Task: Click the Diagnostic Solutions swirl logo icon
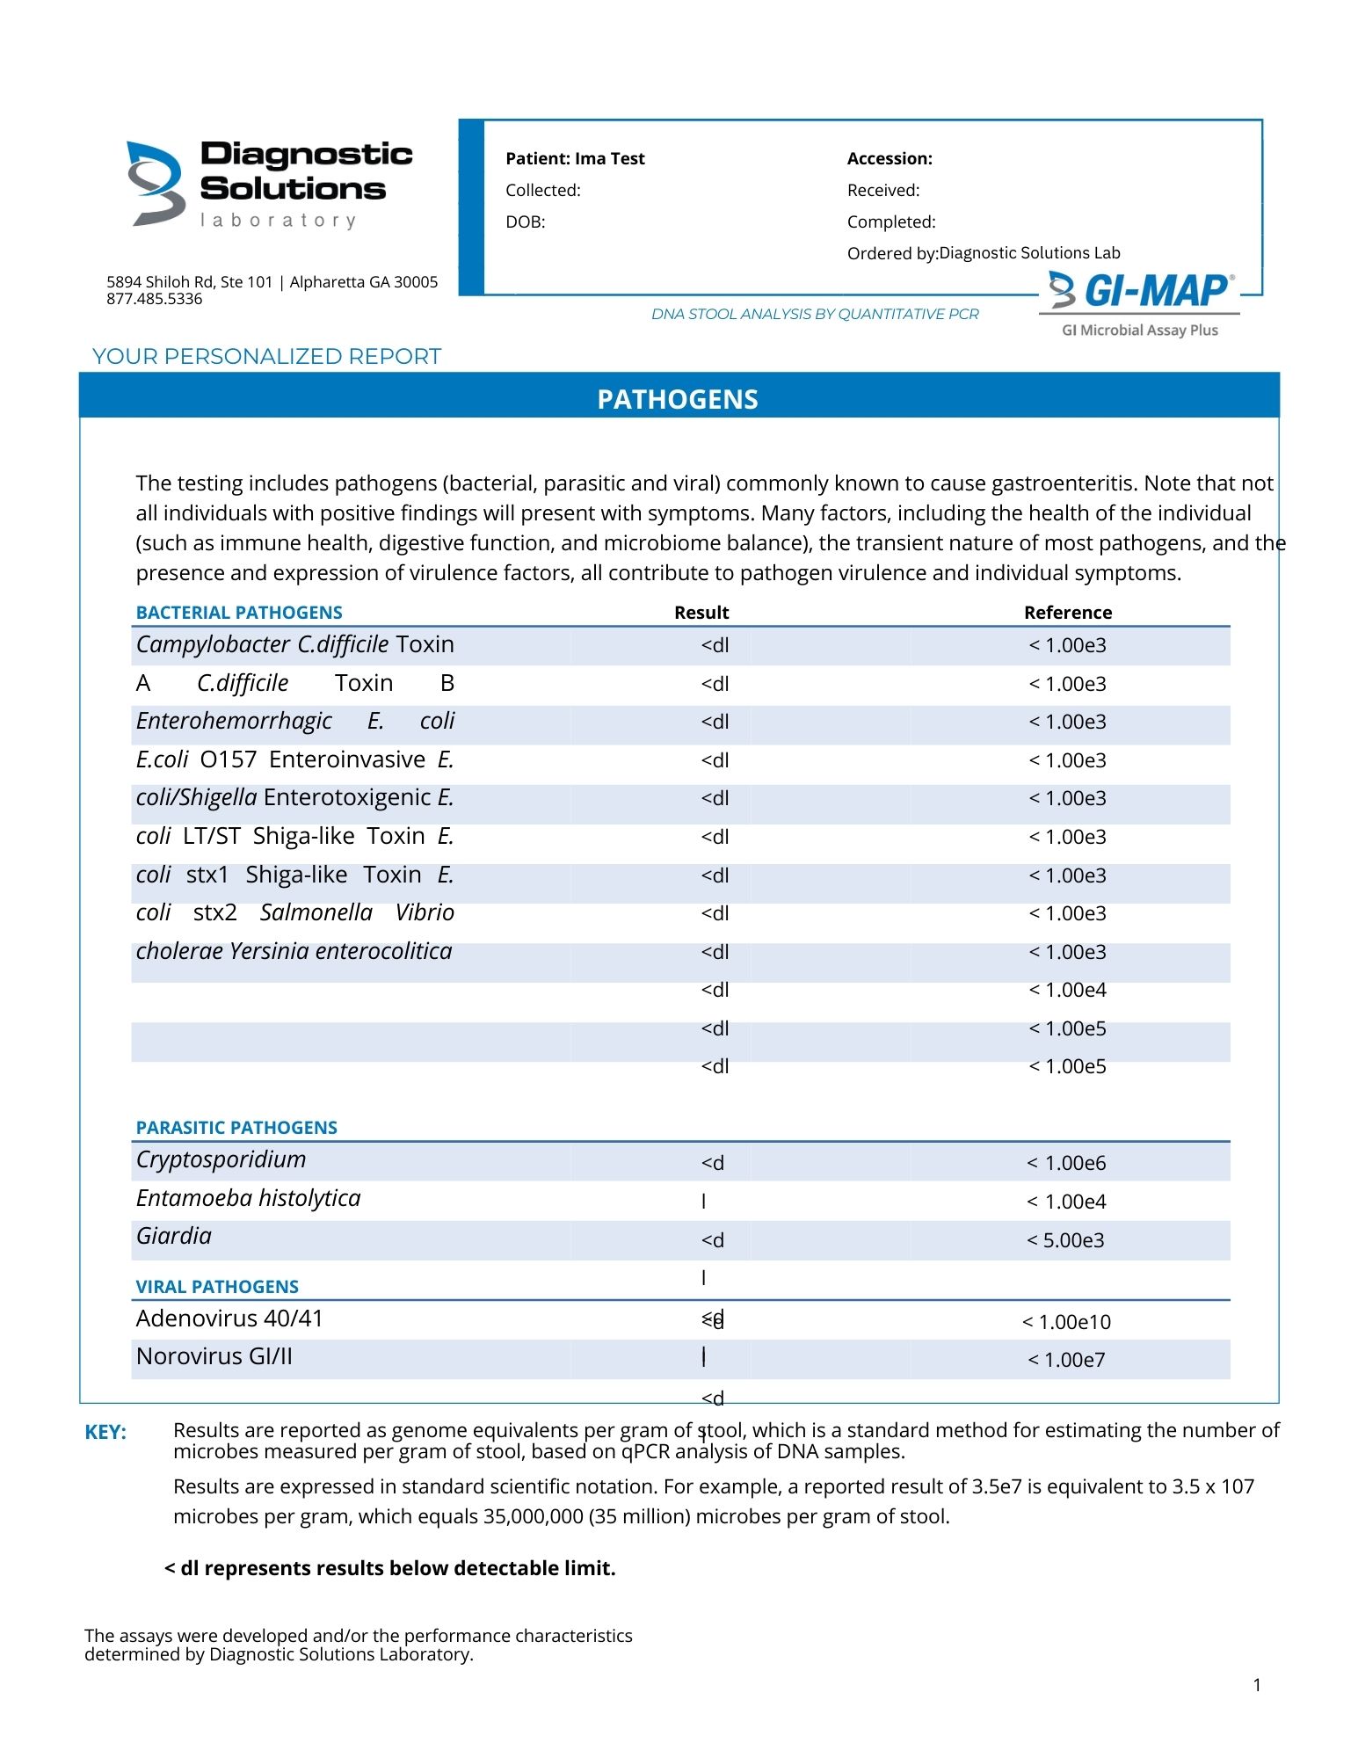click(156, 183)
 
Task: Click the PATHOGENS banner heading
click(678, 400)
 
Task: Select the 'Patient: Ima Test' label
click(575, 159)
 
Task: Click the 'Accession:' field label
click(890, 159)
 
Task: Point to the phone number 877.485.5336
click(155, 299)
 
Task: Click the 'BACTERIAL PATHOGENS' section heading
click(239, 613)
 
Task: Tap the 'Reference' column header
click(1067, 613)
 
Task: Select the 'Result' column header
click(701, 613)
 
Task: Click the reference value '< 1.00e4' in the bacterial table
click(1067, 991)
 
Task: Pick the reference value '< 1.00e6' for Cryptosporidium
click(1066, 1163)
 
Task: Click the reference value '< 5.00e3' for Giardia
click(1065, 1240)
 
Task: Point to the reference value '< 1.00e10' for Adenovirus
click(1066, 1322)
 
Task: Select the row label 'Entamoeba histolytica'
click(249, 1198)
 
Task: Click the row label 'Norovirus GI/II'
click(214, 1356)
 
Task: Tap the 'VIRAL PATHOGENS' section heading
click(217, 1287)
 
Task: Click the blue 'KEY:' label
click(105, 1433)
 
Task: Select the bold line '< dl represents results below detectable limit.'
click(390, 1568)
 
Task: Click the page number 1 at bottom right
click(1257, 1685)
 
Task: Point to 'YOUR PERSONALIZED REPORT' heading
click(266, 357)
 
